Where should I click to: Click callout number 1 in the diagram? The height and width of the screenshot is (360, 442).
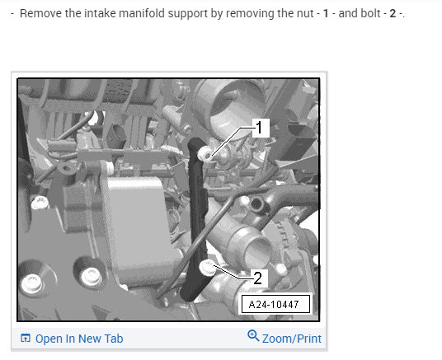pos(259,127)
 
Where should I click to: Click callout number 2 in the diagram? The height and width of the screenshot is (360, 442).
pos(257,278)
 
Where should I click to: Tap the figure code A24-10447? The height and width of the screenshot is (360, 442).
pos(274,304)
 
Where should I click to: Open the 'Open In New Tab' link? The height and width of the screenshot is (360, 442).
pos(79,339)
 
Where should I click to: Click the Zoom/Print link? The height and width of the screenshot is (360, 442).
pos(292,339)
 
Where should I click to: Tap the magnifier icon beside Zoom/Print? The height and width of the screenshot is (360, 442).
pos(253,336)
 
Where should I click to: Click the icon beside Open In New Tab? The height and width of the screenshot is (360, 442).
pos(26,338)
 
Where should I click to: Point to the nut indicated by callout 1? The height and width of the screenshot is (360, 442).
pos(205,154)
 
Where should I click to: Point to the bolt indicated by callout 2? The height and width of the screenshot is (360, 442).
pos(207,268)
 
